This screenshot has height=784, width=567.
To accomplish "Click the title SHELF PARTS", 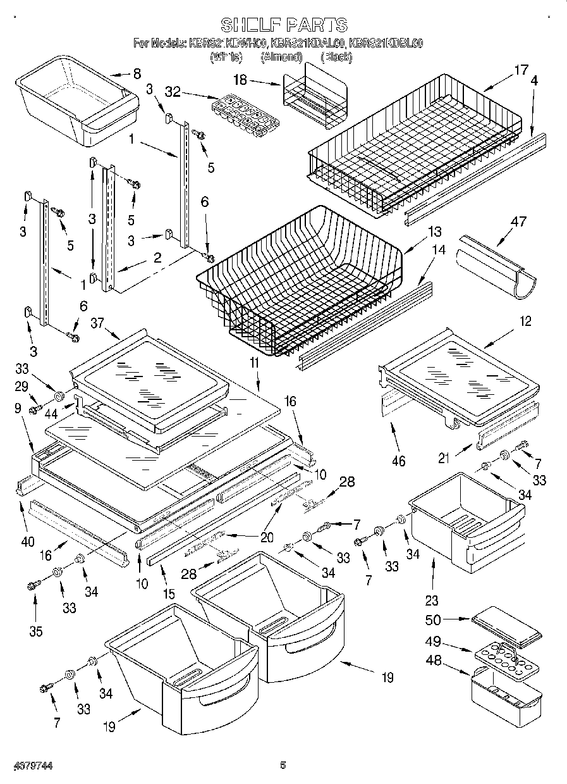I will coord(283,25).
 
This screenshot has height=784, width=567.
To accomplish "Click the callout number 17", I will coord(520,71).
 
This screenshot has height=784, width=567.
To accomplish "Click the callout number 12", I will coord(525,321).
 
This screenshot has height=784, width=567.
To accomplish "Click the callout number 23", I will coord(432,600).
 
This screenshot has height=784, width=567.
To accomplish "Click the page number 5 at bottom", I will coord(283,765).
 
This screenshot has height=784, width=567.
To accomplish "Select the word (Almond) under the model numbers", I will coord(281,56).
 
